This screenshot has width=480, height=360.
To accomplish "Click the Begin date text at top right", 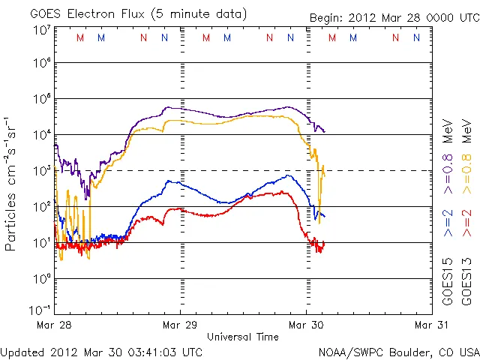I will (x=393, y=19).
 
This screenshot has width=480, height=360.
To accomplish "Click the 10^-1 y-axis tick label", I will (x=40, y=309).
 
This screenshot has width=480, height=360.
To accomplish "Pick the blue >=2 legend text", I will (x=448, y=223).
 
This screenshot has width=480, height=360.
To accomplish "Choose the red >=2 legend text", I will (x=467, y=223).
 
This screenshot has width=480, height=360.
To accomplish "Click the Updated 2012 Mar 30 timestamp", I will (x=101, y=351).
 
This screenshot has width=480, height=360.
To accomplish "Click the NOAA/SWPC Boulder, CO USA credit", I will (x=398, y=351).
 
